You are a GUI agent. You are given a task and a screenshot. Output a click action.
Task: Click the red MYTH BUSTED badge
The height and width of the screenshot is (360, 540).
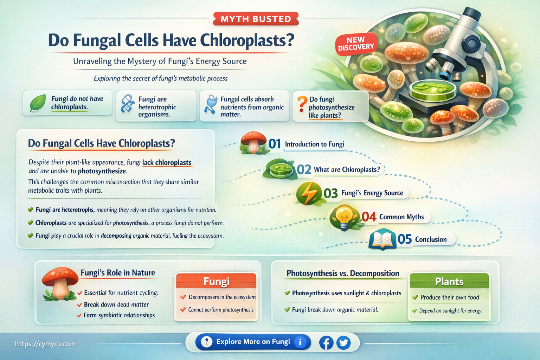tap(256, 19)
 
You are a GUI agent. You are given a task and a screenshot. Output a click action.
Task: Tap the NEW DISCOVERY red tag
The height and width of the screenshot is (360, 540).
tap(356, 44)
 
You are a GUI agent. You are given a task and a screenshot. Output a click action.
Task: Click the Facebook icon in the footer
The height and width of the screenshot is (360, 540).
tap(326, 342)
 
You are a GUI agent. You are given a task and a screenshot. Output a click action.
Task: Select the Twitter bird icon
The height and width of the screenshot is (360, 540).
tap(343, 342)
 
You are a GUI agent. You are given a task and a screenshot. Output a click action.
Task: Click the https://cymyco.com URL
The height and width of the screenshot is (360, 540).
tap(45, 344)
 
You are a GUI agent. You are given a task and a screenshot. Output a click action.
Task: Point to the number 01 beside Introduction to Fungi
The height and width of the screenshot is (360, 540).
tap(275, 144)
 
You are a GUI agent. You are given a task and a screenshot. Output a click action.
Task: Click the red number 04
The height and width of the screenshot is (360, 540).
tap(369, 217)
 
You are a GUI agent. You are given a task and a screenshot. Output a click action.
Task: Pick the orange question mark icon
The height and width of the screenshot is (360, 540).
tap(301, 104)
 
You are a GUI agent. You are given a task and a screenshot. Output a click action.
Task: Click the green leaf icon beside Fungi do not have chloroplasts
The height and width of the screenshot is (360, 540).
tap(37, 103)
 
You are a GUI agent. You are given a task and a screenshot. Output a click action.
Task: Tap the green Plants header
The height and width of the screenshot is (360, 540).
tap(449, 282)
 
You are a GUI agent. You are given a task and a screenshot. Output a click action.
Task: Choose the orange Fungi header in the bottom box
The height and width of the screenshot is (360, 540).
tap(216, 281)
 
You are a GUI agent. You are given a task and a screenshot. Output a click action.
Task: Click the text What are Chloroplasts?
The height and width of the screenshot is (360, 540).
tap(347, 169)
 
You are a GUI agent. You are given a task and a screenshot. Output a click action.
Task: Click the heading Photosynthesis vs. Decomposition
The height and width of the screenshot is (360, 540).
tap(343, 273)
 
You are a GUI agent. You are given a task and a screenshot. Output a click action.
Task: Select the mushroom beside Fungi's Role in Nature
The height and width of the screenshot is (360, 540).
tap(60, 283)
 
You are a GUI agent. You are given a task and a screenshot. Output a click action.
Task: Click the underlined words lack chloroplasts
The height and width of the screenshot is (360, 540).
tap(167, 162)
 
